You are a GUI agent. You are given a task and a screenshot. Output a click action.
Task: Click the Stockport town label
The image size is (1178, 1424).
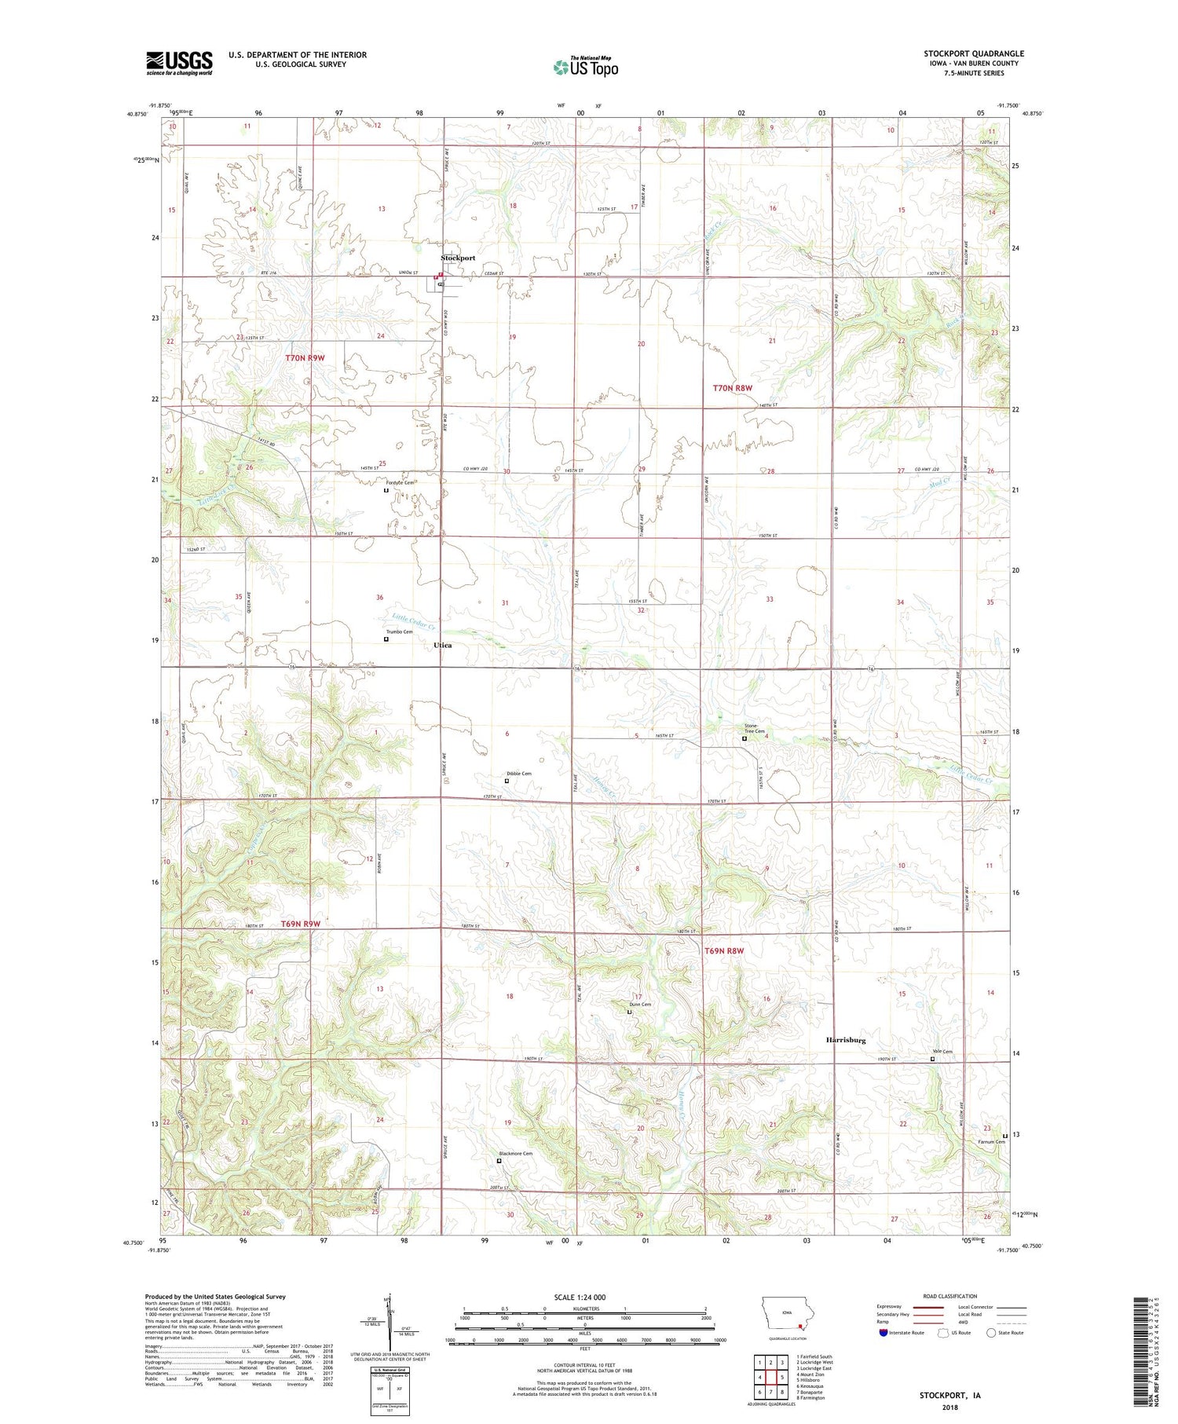coord(457,258)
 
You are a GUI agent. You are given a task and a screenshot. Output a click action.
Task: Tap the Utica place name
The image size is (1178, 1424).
coord(443,645)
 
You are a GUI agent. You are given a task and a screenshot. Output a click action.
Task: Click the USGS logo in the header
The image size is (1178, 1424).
coord(179,63)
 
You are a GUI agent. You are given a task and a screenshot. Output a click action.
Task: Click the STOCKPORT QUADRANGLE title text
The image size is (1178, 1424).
coord(973,53)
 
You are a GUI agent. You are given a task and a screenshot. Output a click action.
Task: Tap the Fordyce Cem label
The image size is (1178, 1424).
coord(399,482)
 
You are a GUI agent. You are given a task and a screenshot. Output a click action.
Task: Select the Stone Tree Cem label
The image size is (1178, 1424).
coord(754,728)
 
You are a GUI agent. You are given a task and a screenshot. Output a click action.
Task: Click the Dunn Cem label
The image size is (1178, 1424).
coord(639,1005)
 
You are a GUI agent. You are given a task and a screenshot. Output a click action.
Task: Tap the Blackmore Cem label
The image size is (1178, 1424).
coord(515,1153)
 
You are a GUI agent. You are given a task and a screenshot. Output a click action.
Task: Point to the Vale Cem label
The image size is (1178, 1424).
coord(942,1052)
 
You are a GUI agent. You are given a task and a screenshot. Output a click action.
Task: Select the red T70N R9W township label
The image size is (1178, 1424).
coord(305,358)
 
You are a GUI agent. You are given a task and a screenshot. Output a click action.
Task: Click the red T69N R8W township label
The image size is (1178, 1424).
coord(723,951)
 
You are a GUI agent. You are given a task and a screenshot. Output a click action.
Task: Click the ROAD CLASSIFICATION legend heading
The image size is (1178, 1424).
coord(950,1296)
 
